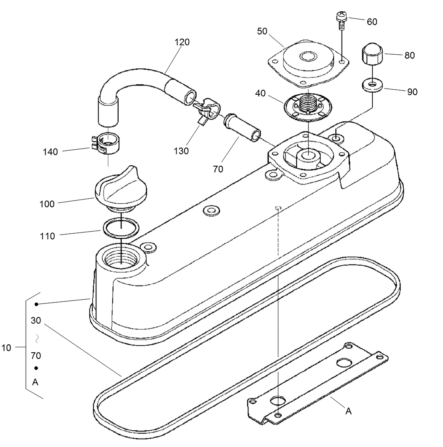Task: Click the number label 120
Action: click(182, 42)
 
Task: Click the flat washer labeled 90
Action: click(371, 85)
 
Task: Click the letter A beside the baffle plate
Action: click(349, 412)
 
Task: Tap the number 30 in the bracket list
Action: click(36, 321)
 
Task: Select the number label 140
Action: click(51, 152)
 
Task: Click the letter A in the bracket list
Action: click(35, 382)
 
